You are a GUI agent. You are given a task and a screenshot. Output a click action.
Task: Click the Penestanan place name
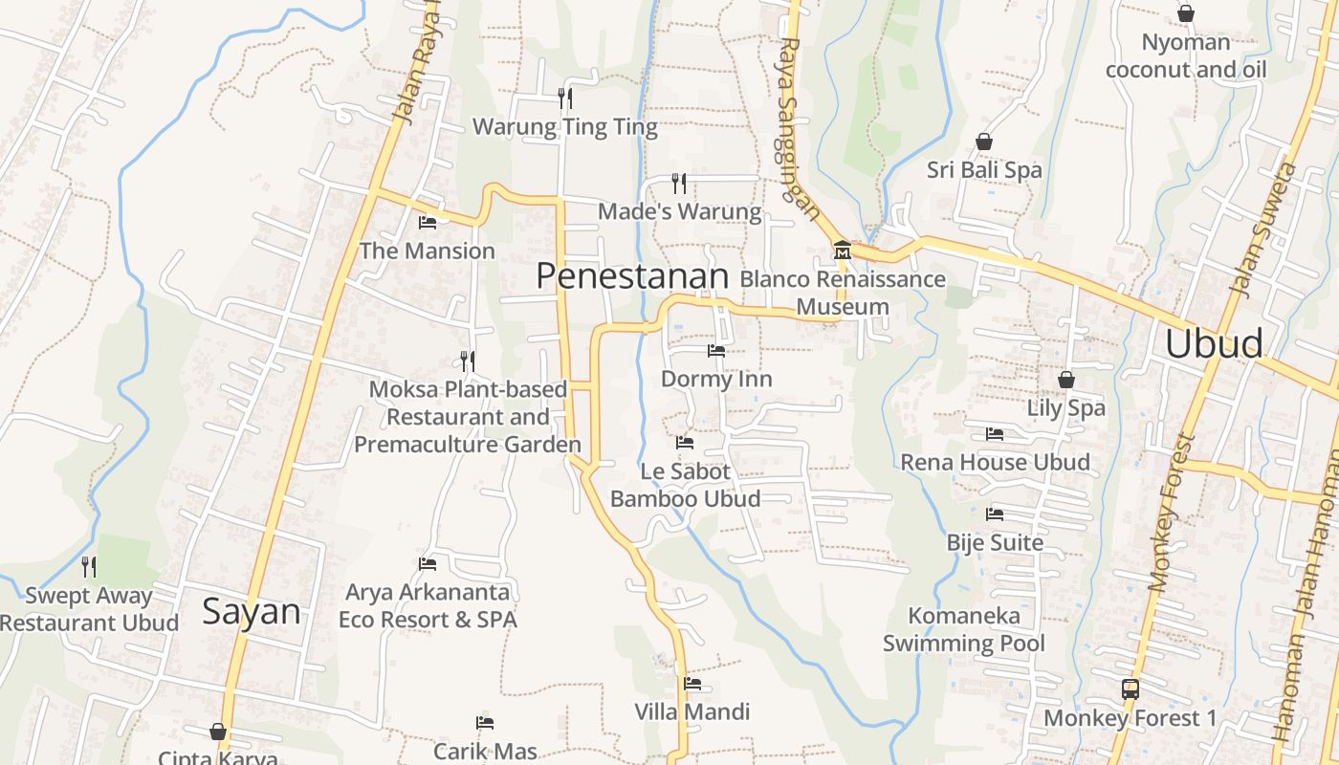point(632,276)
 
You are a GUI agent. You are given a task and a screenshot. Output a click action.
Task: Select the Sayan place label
point(251,612)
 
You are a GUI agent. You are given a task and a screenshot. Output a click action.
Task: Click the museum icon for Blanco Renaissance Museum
point(842,251)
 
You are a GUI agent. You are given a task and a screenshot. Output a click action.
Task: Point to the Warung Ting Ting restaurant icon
point(565,98)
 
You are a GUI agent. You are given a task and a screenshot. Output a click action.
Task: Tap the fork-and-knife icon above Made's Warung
point(679,183)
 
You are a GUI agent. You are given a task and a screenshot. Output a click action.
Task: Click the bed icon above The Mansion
point(428,223)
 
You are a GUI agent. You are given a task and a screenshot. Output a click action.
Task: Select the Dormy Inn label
point(716,379)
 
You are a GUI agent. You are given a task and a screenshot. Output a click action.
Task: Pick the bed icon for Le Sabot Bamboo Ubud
point(685,443)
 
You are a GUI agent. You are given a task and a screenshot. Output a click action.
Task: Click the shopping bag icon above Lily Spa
point(1066,380)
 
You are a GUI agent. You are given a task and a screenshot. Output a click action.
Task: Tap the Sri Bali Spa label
point(984,170)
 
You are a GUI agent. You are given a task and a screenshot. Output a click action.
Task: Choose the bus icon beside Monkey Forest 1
point(1130,688)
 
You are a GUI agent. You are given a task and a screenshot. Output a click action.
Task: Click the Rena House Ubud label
point(995,463)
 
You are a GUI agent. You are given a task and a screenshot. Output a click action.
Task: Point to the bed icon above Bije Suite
point(995,514)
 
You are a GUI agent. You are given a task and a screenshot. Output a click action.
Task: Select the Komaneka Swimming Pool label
point(964,629)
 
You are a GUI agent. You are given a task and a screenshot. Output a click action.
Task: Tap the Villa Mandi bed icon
point(692,684)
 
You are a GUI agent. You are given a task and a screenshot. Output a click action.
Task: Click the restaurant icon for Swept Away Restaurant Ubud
point(89,567)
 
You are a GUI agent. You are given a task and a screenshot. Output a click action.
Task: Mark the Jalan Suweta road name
point(1260,229)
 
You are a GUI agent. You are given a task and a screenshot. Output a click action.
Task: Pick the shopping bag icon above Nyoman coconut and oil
point(1186,13)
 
